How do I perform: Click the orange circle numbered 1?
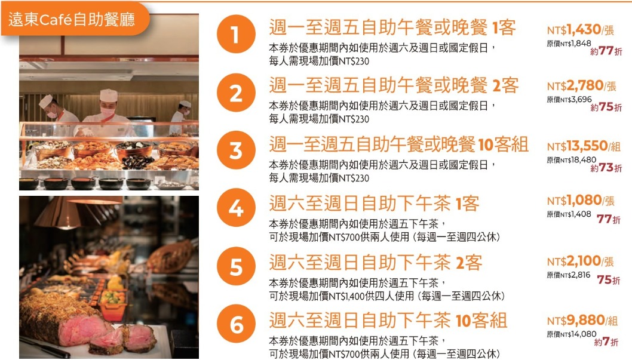pos(236,34)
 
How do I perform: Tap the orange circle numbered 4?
pos(236,208)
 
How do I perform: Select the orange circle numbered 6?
pos(236,324)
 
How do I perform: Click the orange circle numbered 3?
pos(236,150)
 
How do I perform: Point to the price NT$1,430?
pos(574,29)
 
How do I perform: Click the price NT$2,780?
pos(575,85)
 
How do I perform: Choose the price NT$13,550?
pos(577,146)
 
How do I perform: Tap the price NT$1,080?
pos(575,200)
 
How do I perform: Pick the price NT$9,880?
pos(576,320)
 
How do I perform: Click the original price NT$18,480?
pos(571,160)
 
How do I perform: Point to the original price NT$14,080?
pos(571,334)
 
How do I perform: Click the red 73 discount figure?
pos(606,168)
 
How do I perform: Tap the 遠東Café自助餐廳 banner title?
pos(72,19)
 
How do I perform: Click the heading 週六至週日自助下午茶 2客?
pos(376,263)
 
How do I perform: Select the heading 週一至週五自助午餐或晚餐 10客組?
pos(398,144)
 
